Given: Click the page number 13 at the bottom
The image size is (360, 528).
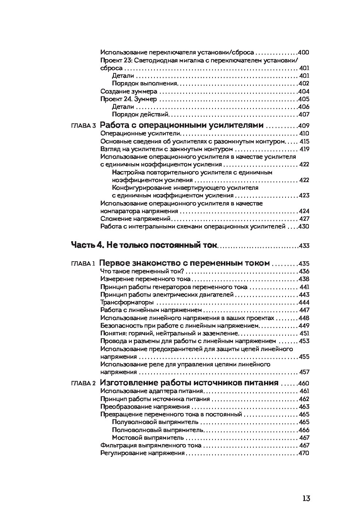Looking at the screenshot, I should tap(306, 498).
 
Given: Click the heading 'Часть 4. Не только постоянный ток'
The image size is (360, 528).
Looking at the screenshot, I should tap(144, 245).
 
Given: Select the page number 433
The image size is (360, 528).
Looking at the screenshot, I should tap(304, 246).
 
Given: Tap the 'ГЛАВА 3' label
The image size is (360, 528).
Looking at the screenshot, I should tap(83, 126).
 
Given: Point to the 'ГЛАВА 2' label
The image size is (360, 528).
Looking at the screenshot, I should tap(83, 384).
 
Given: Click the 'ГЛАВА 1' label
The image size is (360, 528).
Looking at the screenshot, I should tap(83, 264).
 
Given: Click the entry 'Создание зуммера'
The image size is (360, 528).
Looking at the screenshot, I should tap(129, 92).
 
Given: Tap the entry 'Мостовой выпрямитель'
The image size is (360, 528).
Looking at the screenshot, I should tap(153, 438).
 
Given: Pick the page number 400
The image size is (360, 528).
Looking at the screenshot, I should tap(304, 53).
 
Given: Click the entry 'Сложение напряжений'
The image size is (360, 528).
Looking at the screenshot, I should tap(135, 219).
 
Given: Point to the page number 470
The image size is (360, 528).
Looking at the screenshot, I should tap(304, 454).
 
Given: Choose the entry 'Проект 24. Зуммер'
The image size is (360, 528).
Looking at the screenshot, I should tap(129, 99).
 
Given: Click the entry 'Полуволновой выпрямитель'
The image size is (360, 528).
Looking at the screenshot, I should tap(156, 422).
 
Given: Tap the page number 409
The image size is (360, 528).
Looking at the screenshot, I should tap(304, 126).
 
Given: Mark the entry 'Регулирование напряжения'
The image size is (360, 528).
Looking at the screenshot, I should tap(142, 453).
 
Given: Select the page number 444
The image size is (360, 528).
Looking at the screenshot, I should tap(304, 303).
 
